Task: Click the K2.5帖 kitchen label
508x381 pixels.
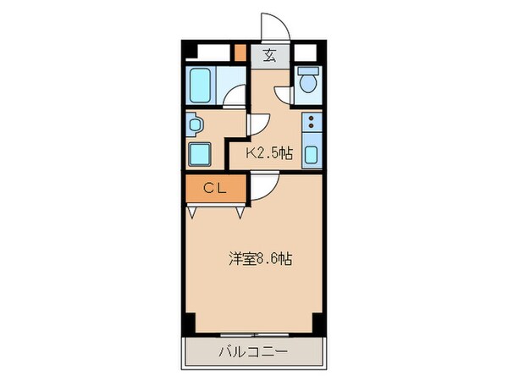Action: pyautogui.click(x=269, y=153)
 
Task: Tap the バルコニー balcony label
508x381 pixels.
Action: pyautogui.click(x=254, y=350)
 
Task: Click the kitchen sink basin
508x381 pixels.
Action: pyautogui.click(x=311, y=155)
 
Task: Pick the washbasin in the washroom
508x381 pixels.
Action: pyautogui.click(x=196, y=125)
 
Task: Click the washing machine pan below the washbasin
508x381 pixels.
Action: pyautogui.click(x=202, y=154)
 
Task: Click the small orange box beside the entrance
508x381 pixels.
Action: pyautogui.click(x=240, y=50)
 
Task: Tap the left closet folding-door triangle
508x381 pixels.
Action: pyautogui.click(x=193, y=212)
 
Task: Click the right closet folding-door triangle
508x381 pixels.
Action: pyautogui.click(x=240, y=212)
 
